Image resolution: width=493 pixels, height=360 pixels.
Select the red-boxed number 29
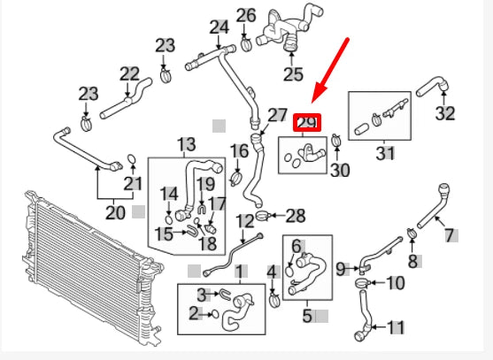click(306, 123)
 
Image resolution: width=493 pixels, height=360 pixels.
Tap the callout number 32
click(445, 113)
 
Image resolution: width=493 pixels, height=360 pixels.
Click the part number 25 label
click(293, 73)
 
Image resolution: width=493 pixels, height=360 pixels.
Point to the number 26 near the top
click(246, 15)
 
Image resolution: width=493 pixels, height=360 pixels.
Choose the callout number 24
click(219, 27)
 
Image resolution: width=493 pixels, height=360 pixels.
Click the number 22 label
click(129, 74)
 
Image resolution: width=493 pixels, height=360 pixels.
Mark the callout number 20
click(115, 212)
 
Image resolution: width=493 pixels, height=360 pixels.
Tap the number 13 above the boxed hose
click(186, 144)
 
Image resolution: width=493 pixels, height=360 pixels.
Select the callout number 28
click(295, 215)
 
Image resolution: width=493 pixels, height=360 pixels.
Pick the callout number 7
click(450, 234)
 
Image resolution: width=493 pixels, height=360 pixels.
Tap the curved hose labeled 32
click(434, 88)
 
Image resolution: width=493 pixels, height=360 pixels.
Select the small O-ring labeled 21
click(131, 161)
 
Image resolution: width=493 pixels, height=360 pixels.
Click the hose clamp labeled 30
click(337, 138)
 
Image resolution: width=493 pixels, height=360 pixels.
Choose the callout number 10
click(395, 284)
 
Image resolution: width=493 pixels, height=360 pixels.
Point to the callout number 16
click(239, 151)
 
